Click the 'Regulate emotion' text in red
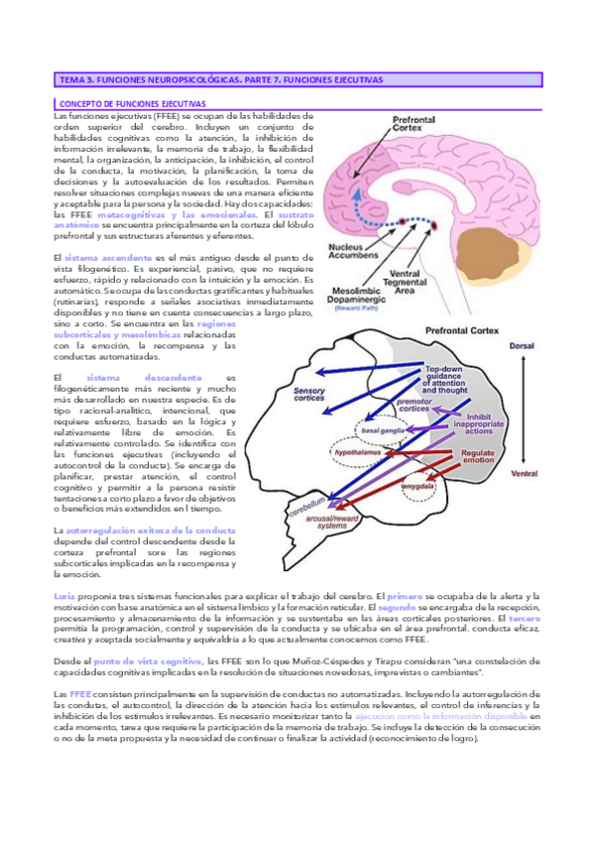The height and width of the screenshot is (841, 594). click(478, 457)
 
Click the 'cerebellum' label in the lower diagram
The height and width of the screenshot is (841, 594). click(306, 520)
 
